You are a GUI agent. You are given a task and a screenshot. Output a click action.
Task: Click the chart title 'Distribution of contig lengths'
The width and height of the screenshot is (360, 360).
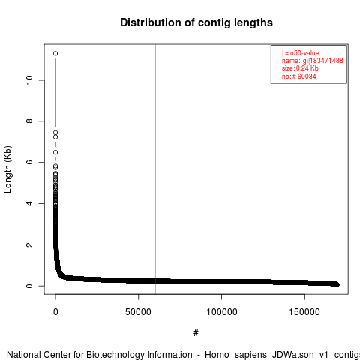[x=196, y=22]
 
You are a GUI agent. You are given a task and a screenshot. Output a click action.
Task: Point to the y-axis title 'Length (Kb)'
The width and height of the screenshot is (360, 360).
[x=7, y=169]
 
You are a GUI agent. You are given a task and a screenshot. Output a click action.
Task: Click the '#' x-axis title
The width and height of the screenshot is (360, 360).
[x=196, y=332]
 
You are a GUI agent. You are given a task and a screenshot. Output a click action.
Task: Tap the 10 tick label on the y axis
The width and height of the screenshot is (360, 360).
[x=29, y=80]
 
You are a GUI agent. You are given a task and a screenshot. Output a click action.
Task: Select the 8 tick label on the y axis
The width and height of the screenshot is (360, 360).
[x=29, y=121]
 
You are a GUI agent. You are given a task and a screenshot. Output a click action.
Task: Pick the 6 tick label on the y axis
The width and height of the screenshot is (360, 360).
[x=29, y=162]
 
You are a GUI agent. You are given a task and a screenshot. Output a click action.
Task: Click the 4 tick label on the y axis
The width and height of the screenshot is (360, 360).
[x=29, y=203]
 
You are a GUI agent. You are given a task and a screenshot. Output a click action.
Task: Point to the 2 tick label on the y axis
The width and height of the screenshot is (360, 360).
[x=29, y=244]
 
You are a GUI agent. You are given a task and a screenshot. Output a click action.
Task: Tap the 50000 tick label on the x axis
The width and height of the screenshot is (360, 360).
[x=138, y=312]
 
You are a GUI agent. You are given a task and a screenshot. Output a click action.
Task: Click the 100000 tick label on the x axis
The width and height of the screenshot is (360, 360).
[x=222, y=312]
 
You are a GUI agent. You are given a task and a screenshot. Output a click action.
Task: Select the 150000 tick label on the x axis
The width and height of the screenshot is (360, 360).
[x=304, y=312]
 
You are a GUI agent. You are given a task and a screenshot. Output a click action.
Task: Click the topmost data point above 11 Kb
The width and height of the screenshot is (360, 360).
[x=55, y=53]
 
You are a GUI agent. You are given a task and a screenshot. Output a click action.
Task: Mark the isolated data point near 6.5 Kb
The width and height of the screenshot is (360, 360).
[x=55, y=152]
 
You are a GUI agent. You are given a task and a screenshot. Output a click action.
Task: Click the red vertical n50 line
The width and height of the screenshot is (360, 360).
[x=155, y=169]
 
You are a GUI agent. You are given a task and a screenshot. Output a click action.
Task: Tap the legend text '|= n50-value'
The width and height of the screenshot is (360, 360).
[x=300, y=53]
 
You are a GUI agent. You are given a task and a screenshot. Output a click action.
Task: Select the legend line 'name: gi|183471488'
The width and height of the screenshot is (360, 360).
[x=313, y=61]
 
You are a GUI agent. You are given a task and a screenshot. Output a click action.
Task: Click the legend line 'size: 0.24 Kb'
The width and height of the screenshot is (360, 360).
[x=300, y=68]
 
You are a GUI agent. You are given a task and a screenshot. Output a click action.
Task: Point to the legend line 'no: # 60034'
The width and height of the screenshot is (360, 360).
[x=299, y=76]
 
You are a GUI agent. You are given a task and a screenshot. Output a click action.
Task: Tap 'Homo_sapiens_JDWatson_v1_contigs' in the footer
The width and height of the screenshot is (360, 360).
[x=283, y=355]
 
